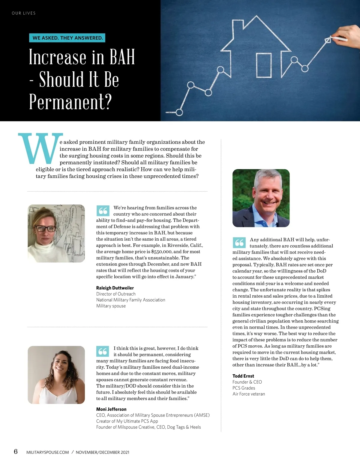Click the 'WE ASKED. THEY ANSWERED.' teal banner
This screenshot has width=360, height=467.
tap(67, 38)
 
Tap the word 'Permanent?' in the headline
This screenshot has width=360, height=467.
tap(70, 102)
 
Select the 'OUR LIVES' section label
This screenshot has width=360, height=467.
tap(24, 13)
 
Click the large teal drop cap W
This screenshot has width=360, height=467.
tap(40, 148)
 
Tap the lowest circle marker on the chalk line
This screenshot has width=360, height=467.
tap(179, 112)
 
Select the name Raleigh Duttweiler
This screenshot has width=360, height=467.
tap(115, 288)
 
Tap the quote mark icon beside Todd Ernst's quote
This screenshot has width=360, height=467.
tap(239, 242)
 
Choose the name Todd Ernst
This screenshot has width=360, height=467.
tap(243, 376)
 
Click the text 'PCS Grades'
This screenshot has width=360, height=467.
tap(244, 388)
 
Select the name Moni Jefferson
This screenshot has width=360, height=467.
tap(111, 409)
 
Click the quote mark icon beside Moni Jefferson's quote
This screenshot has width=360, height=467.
tap(103, 351)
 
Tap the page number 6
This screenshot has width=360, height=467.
tap(16, 451)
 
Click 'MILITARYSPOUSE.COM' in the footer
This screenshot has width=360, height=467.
tap(48, 452)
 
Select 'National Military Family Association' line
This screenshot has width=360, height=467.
tap(130, 300)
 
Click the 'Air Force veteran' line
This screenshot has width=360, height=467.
tap(249, 394)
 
